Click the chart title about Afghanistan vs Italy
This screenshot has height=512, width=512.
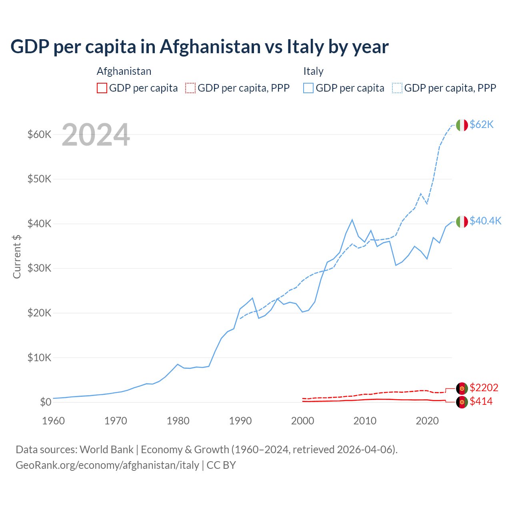(199, 47)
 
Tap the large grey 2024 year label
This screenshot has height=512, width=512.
(96, 135)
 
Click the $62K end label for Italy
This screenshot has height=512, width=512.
(482, 125)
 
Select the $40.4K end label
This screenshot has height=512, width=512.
(485, 221)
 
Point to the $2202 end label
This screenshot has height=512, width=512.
(484, 388)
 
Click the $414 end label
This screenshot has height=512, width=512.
(481, 401)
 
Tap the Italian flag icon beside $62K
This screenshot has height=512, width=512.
(462, 125)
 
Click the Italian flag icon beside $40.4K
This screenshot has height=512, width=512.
(462, 221)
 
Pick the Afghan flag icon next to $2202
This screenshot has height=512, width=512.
(462, 388)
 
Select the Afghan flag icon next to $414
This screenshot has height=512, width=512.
(462, 402)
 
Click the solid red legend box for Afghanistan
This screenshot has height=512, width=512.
(102, 88)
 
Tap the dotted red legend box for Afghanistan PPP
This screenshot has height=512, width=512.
(190, 88)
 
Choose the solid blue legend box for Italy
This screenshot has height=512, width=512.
(308, 88)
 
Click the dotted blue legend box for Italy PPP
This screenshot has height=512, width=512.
(397, 88)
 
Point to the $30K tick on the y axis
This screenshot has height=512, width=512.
(39, 268)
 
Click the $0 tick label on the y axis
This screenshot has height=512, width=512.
(46, 402)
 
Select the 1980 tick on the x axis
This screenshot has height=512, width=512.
(178, 421)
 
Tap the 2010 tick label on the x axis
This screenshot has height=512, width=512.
(365, 421)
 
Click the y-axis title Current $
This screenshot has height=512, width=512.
(17, 256)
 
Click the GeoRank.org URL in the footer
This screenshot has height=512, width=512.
(107, 465)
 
